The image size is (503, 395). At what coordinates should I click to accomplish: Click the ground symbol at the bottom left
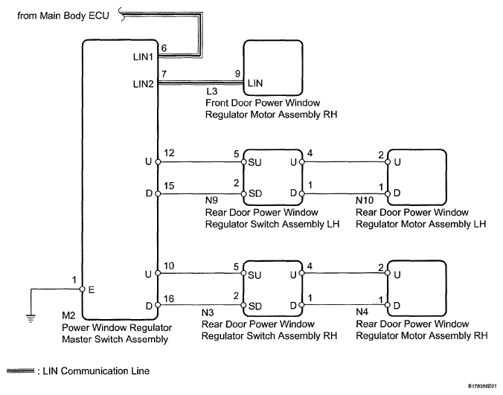pyautogui.click(x=31, y=318)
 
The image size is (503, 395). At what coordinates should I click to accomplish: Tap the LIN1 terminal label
pyautogui.click(x=143, y=57)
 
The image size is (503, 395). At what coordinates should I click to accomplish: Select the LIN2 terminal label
pyautogui.click(x=144, y=84)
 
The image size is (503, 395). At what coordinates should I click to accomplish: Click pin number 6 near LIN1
pyautogui.click(x=164, y=48)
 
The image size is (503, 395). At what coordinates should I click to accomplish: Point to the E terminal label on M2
pyautogui.click(x=92, y=290)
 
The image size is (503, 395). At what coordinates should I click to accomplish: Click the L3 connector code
pyautogui.click(x=212, y=91)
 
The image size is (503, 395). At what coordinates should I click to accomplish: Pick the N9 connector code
pyautogui.click(x=211, y=200)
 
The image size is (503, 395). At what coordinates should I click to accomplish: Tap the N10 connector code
pyautogui.click(x=365, y=200)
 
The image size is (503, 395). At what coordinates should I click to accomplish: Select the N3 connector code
pyautogui.click(x=208, y=312)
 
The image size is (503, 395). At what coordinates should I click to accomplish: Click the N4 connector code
pyautogui.click(x=362, y=312)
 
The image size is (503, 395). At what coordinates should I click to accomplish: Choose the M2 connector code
pyautogui.click(x=68, y=315)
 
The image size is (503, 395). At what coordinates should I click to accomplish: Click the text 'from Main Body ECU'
pyautogui.click(x=63, y=16)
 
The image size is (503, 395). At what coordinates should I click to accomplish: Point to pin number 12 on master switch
pyautogui.click(x=169, y=153)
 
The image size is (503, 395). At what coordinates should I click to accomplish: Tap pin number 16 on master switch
pyautogui.click(x=169, y=299)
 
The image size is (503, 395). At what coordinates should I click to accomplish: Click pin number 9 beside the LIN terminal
pyautogui.click(x=237, y=74)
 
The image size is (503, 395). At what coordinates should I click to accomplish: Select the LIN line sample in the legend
pyautogui.click(x=20, y=371)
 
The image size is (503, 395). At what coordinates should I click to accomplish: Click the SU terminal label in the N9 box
pyautogui.click(x=254, y=163)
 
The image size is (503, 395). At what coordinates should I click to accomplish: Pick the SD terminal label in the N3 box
pyautogui.click(x=255, y=306)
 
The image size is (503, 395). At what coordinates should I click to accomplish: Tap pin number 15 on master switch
pyautogui.click(x=169, y=186)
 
